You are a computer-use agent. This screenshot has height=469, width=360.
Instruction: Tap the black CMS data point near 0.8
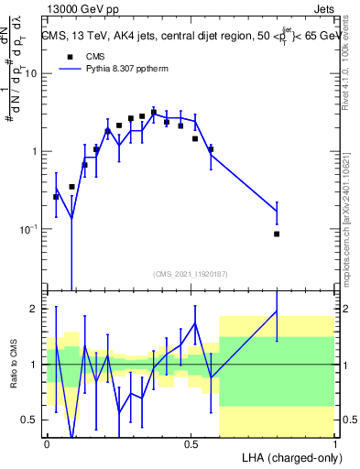[x=277, y=234]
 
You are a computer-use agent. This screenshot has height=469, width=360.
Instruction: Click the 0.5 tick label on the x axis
[x=191, y=443]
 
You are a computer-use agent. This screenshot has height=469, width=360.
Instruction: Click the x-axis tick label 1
[x=335, y=443]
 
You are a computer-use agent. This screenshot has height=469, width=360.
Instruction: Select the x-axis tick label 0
[x=47, y=443]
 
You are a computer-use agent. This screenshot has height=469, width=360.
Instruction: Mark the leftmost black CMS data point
[x=56, y=197]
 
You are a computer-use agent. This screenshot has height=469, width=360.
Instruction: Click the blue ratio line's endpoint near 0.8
[x=277, y=311]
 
